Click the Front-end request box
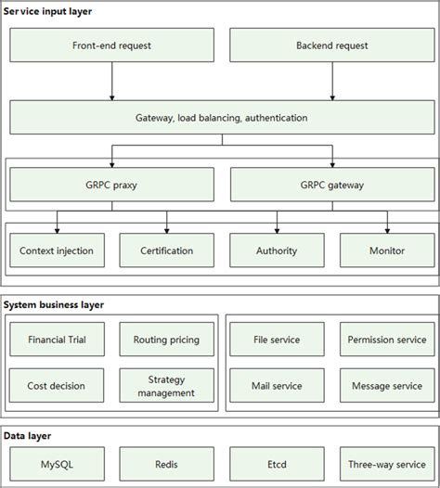pyautogui.click(x=111, y=45)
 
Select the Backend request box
pyautogui.click(x=331, y=45)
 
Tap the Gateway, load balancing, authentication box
pyautogui.click(x=221, y=118)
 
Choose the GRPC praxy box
pyautogui.click(x=111, y=184)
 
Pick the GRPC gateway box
pyautogui.click(x=331, y=184)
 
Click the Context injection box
pyautogui.click(x=57, y=250)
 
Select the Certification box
pyautogui.click(x=167, y=250)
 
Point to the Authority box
pyautogui.click(x=277, y=250)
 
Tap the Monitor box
pyautogui.click(x=386, y=250)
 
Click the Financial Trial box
pyautogui.click(x=57, y=340)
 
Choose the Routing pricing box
pyautogui.click(x=167, y=340)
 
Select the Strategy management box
pyautogui.click(x=167, y=385)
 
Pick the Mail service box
pyautogui.click(x=277, y=385)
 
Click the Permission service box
pyautogui.click(x=386, y=340)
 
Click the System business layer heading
pyautogui.click(x=54, y=304)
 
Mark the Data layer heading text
pyautogui.click(x=28, y=434)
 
